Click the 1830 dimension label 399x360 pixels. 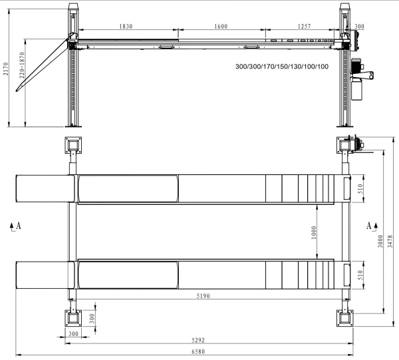(126, 26)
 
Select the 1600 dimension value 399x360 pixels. (221, 26)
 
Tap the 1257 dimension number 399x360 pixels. (305, 26)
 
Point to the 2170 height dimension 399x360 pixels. (5, 69)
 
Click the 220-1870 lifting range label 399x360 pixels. (22, 65)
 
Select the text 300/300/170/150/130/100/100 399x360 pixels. (282, 67)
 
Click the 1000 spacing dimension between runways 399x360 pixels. (314, 232)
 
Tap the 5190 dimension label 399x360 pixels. (203, 296)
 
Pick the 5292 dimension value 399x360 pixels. (198, 340)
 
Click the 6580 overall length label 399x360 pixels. (198, 351)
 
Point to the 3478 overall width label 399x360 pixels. (390, 242)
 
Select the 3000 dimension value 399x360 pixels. (380, 241)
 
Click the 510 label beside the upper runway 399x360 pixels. (360, 189)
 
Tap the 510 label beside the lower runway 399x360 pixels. (360, 275)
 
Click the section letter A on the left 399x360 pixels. (19, 226)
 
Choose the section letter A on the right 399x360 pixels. (369, 226)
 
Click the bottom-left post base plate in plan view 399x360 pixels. (73, 318)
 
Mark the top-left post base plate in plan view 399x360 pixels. (73, 145)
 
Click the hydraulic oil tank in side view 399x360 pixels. (356, 89)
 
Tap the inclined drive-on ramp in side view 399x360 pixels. (44, 63)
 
